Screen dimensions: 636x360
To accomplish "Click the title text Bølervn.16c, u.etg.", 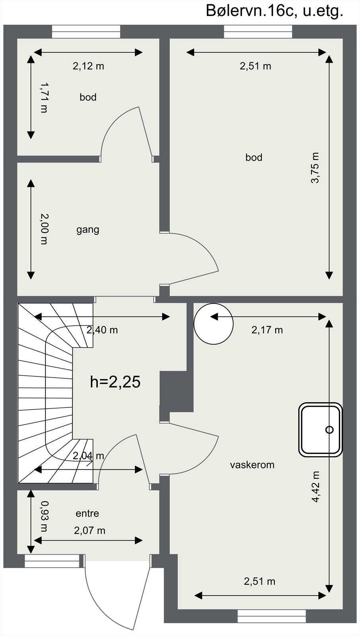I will [x=274, y=11].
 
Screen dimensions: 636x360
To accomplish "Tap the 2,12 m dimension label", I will [x=88, y=66].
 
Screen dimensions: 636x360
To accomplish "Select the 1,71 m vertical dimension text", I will [x=44, y=97].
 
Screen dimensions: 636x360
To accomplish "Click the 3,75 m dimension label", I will [x=315, y=168].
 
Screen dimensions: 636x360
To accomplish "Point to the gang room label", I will [x=88, y=229].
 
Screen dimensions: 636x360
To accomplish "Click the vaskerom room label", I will [x=252, y=465].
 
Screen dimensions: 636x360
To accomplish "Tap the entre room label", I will [x=87, y=513].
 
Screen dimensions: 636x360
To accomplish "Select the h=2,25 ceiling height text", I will [x=115, y=382].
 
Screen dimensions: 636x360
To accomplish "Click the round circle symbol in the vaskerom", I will [x=213, y=324].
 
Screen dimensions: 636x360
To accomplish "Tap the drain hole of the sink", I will [x=329, y=429].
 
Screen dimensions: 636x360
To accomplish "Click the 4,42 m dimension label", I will [x=315, y=487].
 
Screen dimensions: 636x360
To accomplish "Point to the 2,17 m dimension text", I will [x=267, y=330].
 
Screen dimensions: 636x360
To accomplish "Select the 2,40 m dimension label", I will [x=102, y=330].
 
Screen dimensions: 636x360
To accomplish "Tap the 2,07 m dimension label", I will [x=90, y=530].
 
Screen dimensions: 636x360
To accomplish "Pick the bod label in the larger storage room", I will [x=254, y=157].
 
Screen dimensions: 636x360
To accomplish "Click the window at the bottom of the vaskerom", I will [x=272, y=616].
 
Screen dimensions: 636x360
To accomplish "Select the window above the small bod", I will [x=86, y=32].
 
